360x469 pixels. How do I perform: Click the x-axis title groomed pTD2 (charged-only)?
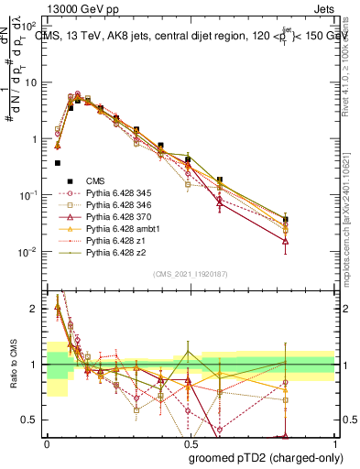tap(259, 457)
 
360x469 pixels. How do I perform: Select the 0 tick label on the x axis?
tap(45, 443)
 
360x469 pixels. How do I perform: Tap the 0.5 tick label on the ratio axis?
tap(30, 420)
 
